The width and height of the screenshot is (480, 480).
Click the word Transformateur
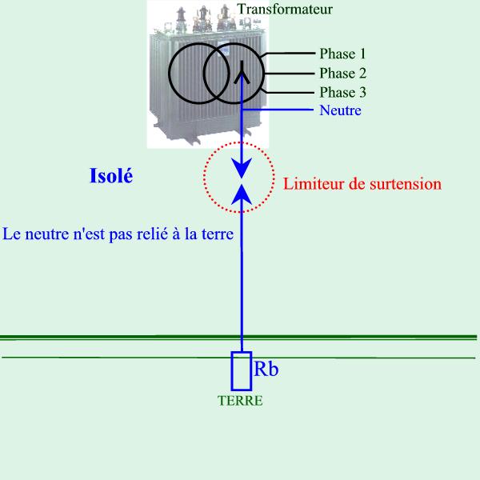(x=285, y=9)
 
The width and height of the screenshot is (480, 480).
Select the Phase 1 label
(x=342, y=54)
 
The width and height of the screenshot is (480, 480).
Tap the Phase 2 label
(x=343, y=73)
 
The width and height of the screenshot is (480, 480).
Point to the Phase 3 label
(x=343, y=93)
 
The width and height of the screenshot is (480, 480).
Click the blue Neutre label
(x=340, y=110)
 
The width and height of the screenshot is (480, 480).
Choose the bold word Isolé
(x=111, y=176)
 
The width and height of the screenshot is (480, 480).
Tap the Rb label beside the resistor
(x=266, y=369)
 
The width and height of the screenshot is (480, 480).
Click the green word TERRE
(x=240, y=401)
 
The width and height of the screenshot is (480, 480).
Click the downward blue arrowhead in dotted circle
(x=242, y=168)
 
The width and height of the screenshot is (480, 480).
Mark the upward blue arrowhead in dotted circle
(x=242, y=194)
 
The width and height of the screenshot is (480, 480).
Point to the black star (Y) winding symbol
(x=242, y=73)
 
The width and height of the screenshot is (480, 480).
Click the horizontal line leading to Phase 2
(x=290, y=74)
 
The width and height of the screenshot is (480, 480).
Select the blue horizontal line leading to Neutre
(x=278, y=110)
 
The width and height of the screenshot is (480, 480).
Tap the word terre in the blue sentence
(x=218, y=234)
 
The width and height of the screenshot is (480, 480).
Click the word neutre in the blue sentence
(x=47, y=234)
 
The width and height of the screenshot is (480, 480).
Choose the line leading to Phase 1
(x=288, y=54)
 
